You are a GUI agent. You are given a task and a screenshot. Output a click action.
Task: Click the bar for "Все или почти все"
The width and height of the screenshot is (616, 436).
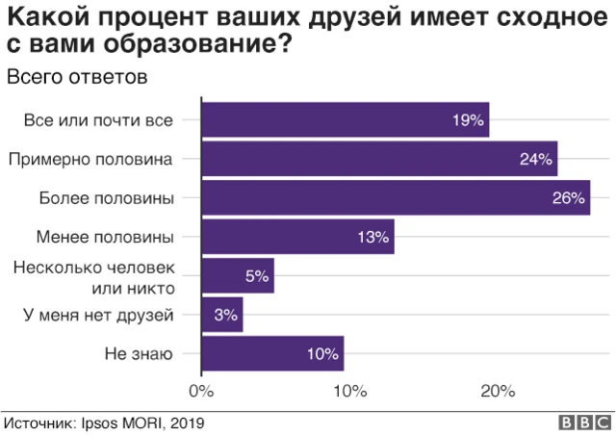pyautogui.click(x=345, y=120)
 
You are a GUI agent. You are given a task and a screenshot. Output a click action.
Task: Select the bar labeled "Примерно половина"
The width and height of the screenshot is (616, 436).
pyautogui.click(x=379, y=159)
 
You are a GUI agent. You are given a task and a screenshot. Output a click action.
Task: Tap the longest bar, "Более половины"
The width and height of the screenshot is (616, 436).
pyautogui.click(x=395, y=198)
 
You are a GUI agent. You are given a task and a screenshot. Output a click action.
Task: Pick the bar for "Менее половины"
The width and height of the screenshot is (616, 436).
pyautogui.click(x=297, y=237)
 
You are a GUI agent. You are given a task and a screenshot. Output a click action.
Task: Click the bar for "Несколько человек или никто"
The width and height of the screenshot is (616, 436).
pyautogui.click(x=238, y=276)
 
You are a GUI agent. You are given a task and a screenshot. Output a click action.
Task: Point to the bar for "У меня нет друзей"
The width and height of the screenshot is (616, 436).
pyautogui.click(x=222, y=315)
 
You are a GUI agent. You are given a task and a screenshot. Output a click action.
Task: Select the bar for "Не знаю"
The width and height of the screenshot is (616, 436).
pyautogui.click(x=272, y=353)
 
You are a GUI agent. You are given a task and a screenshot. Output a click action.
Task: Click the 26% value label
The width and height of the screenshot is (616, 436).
pyautogui.click(x=569, y=198)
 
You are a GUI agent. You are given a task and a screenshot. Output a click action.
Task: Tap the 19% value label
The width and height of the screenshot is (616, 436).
pyautogui.click(x=468, y=120)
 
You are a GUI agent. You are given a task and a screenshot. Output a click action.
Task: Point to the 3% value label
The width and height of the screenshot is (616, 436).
pyautogui.click(x=225, y=315)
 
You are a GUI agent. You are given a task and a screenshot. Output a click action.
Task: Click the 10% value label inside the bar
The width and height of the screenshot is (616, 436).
pyautogui.click(x=322, y=353)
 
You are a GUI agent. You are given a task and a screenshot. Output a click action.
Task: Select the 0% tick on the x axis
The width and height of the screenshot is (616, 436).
pyautogui.click(x=200, y=391)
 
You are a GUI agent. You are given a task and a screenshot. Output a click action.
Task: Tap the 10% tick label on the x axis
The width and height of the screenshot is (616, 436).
pyautogui.click(x=349, y=391)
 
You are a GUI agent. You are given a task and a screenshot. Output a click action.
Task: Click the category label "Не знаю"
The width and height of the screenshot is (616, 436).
pyautogui.click(x=139, y=353)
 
